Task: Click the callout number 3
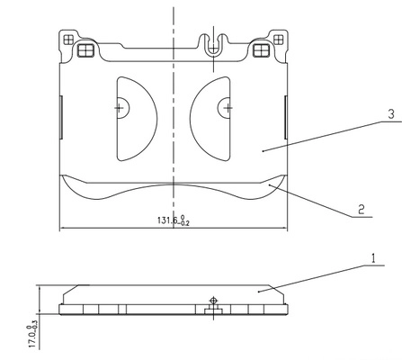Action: (x=391, y=114)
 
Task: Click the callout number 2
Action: (x=362, y=209)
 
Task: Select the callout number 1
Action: (x=373, y=258)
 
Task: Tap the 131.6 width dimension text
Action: (x=174, y=220)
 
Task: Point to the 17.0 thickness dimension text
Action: (x=33, y=337)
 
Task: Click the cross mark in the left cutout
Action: (x=120, y=108)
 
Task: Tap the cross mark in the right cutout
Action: (x=228, y=108)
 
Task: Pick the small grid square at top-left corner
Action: (x=68, y=40)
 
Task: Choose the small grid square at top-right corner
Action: (x=279, y=40)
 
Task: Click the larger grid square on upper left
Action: (x=85, y=50)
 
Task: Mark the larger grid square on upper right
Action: (x=261, y=50)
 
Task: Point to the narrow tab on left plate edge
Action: (x=61, y=117)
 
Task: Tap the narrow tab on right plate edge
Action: (x=286, y=117)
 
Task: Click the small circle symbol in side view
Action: (x=213, y=300)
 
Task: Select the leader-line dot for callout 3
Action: (x=263, y=151)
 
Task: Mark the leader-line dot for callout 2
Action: (x=270, y=185)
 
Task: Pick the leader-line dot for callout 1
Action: (x=259, y=292)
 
